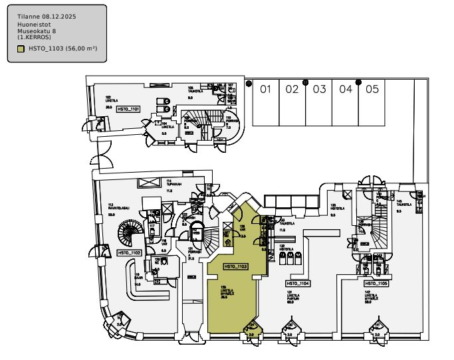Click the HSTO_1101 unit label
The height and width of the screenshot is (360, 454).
[x=128, y=108]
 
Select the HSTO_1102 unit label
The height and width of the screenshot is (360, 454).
[x=129, y=253]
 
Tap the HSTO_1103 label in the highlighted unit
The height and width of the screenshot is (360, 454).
[x=236, y=266]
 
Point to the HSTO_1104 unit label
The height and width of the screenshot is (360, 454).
[x=298, y=283]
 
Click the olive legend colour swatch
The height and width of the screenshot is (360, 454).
[x=21, y=48]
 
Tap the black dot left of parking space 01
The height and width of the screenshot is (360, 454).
[x=249, y=84]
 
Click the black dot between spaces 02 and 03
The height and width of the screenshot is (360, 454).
[x=306, y=82]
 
